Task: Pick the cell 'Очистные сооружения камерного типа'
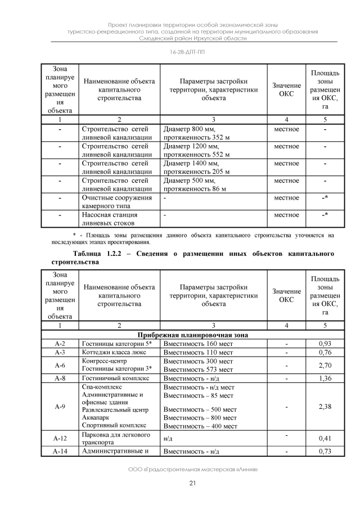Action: pos(116,201)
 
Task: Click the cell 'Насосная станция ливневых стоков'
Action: pos(116,218)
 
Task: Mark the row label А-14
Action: pos(60,451)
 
